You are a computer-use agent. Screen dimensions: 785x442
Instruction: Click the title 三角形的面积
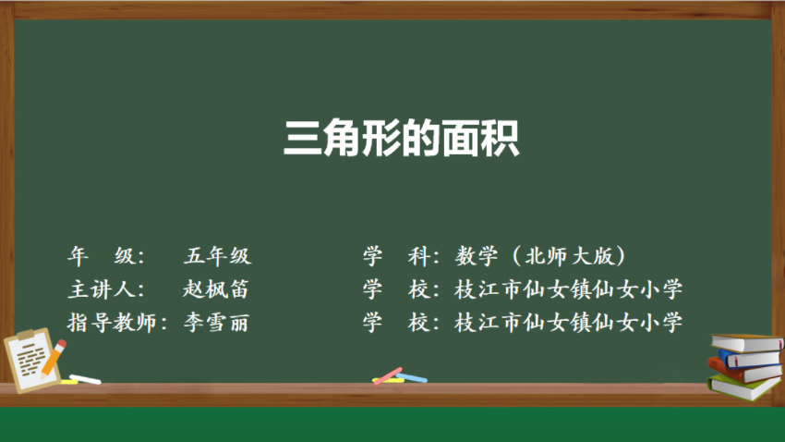point(402,139)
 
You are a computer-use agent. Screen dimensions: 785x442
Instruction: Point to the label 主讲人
point(102,289)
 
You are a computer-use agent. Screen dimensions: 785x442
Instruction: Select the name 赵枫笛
point(215,289)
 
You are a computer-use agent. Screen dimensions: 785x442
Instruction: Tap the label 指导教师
point(112,323)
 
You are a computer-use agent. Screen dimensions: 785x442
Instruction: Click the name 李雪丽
point(216,323)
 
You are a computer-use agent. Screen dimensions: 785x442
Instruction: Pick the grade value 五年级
point(217,256)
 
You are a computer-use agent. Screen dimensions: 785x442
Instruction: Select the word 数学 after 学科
point(477,256)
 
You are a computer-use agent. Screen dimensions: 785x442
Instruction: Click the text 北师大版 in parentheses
point(569,256)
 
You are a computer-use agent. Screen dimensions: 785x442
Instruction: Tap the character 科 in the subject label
point(419,256)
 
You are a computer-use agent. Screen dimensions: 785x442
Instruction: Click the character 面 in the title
point(461,139)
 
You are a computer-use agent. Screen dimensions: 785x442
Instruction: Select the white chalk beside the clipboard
point(85,379)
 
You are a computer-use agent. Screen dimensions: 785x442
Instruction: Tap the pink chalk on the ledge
point(388,376)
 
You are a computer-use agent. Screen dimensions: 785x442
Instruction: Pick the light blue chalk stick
point(412,377)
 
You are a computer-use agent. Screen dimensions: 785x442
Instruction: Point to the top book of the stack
point(747,343)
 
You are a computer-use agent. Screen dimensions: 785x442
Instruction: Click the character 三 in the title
point(302,139)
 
